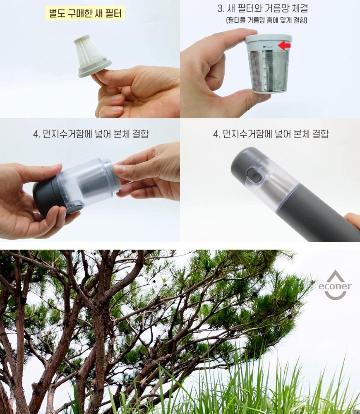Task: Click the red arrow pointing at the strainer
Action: [x=284, y=46]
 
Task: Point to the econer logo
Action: [x=335, y=285]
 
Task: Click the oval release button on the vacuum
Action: [x=254, y=175]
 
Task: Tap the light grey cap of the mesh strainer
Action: [x=268, y=42]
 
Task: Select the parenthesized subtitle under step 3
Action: [x=266, y=21]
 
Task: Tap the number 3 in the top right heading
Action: [x=220, y=9]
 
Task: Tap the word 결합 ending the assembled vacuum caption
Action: [x=321, y=134]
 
